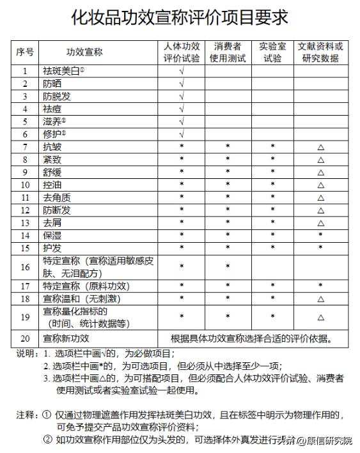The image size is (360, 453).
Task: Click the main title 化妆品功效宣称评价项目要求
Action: point(180,17)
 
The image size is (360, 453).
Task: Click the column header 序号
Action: point(25,52)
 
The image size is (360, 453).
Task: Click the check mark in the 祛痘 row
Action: point(182,109)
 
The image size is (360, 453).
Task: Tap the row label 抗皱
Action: point(53,147)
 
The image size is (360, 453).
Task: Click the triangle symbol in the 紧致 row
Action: point(320,160)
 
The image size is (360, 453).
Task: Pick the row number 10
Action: point(25,185)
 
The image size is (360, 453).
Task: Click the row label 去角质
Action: point(58,197)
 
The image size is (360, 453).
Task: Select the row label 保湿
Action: point(53,235)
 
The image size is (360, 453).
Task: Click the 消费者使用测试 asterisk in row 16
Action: point(228,266)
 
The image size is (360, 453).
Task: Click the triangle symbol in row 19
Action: point(320,317)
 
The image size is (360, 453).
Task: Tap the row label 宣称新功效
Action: point(66,338)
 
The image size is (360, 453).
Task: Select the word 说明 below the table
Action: point(26,353)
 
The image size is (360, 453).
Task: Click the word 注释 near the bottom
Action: point(26,415)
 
